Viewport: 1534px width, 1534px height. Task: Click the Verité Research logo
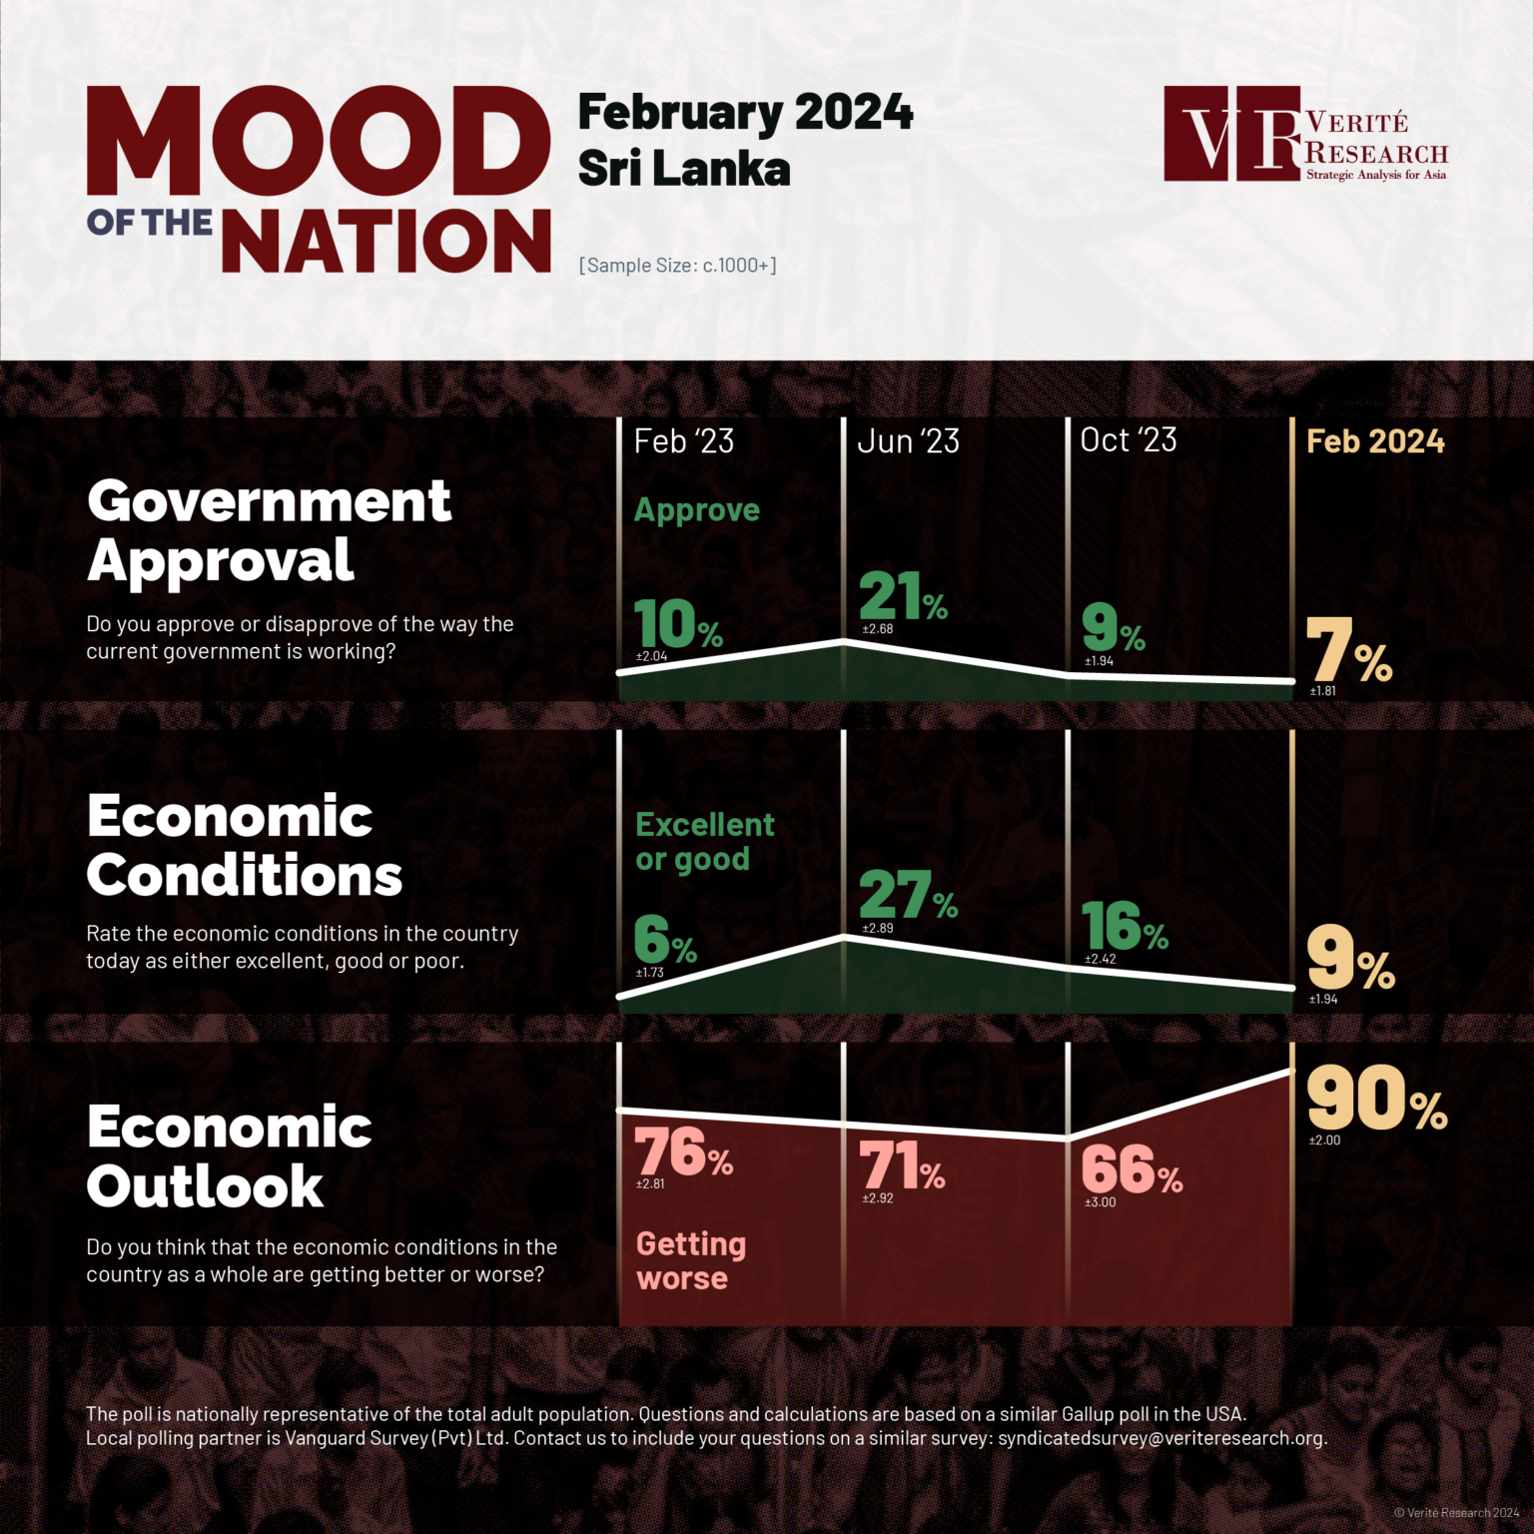[x=1304, y=134]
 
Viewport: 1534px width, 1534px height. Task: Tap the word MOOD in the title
[x=318, y=142]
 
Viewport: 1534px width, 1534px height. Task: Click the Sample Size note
[x=677, y=266]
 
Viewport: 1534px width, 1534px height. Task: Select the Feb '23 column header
[x=684, y=441]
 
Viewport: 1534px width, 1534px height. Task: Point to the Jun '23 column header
[x=908, y=441]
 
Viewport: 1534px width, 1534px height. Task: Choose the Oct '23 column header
[x=1129, y=440]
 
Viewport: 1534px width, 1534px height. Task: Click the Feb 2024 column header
[x=1375, y=441]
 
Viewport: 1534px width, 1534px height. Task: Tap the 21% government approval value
[x=903, y=597]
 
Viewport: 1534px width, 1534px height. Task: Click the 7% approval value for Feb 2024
[x=1348, y=651]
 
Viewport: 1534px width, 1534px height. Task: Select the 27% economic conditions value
[x=907, y=894]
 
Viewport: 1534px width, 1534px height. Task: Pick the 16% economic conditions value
[x=1125, y=927]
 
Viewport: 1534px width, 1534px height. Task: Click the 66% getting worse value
[x=1132, y=1168]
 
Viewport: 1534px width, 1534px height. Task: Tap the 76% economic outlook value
[x=684, y=1152]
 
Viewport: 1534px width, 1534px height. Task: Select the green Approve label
[x=697, y=510]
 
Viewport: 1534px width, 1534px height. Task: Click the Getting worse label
[x=691, y=1261]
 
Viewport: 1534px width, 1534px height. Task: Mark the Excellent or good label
[x=704, y=842]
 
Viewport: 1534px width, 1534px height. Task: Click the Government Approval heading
[x=270, y=530]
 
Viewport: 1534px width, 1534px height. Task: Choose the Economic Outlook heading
[x=230, y=1156]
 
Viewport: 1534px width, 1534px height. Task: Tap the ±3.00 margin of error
[x=1101, y=1202]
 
